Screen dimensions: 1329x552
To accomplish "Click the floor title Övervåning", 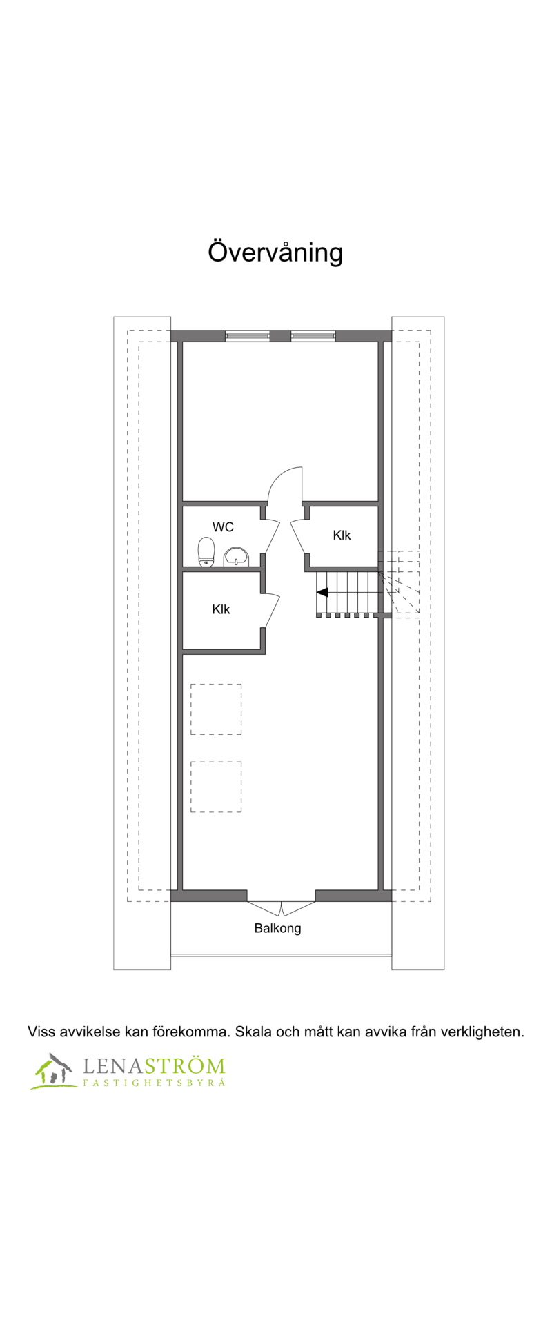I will [x=275, y=253].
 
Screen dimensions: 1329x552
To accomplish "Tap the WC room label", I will [x=223, y=527].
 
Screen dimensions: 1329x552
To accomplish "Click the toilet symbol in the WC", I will [x=206, y=552].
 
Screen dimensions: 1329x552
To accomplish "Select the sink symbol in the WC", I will [x=236, y=556].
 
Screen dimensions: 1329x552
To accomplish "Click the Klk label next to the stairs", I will [x=342, y=535].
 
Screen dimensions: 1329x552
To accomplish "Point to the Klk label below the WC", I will [x=221, y=609].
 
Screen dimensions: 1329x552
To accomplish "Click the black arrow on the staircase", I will [x=322, y=592].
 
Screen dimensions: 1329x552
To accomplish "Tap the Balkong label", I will [x=277, y=928].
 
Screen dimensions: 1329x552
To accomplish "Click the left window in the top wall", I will [x=247, y=336].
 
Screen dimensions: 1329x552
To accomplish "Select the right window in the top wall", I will [x=313, y=336].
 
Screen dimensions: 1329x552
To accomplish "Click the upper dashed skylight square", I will [x=216, y=709].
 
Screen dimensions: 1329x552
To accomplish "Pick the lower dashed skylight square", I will [x=216, y=787].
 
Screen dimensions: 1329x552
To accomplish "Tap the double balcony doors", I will [x=282, y=908].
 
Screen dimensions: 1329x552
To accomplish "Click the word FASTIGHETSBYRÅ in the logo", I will [x=154, y=1083].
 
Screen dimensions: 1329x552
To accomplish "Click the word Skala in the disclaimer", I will [x=253, y=1032].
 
